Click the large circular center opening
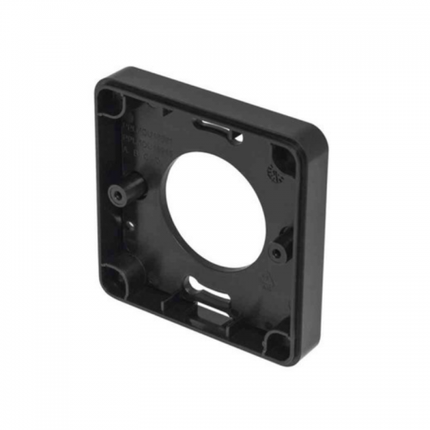pyautogui.click(x=220, y=212)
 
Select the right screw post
pyautogui.click(x=277, y=252)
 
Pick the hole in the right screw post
pyautogui.click(x=275, y=253)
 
